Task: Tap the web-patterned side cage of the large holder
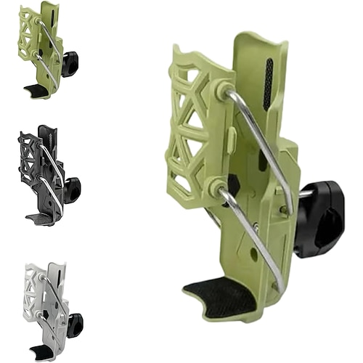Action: coord(192,131)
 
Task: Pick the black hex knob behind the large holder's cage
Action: coord(232,186)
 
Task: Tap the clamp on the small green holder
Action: coord(70,64)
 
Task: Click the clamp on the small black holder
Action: coord(72,189)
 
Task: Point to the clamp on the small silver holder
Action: coord(74,324)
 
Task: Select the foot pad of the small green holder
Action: coord(34,90)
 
